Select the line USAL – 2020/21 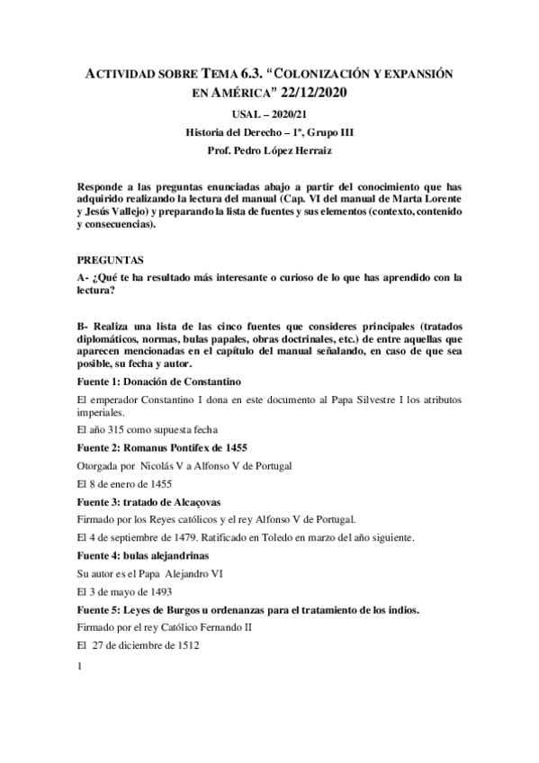pos(269,114)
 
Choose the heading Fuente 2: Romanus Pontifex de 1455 pos(163,448)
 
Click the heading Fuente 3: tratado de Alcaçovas pos(149,500)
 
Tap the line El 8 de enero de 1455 pos(124,483)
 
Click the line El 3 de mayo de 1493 pos(123,594)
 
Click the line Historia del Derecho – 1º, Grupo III pos(269,131)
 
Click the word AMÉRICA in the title pos(240,92)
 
